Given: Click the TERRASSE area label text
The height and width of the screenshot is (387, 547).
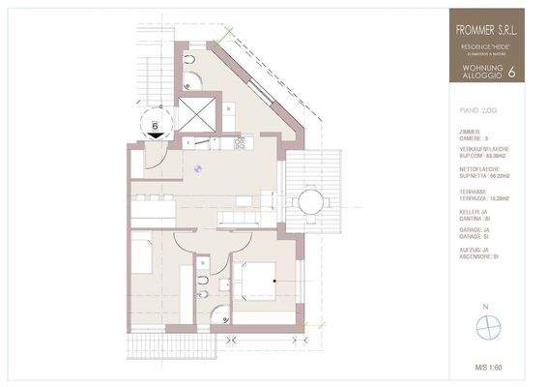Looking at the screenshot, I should (x=472, y=191).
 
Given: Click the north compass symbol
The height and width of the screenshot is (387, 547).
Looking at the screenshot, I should (x=490, y=329).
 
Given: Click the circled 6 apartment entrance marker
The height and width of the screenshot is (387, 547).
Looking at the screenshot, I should (x=154, y=124).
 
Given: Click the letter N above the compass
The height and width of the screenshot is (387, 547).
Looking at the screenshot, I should (x=490, y=308).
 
